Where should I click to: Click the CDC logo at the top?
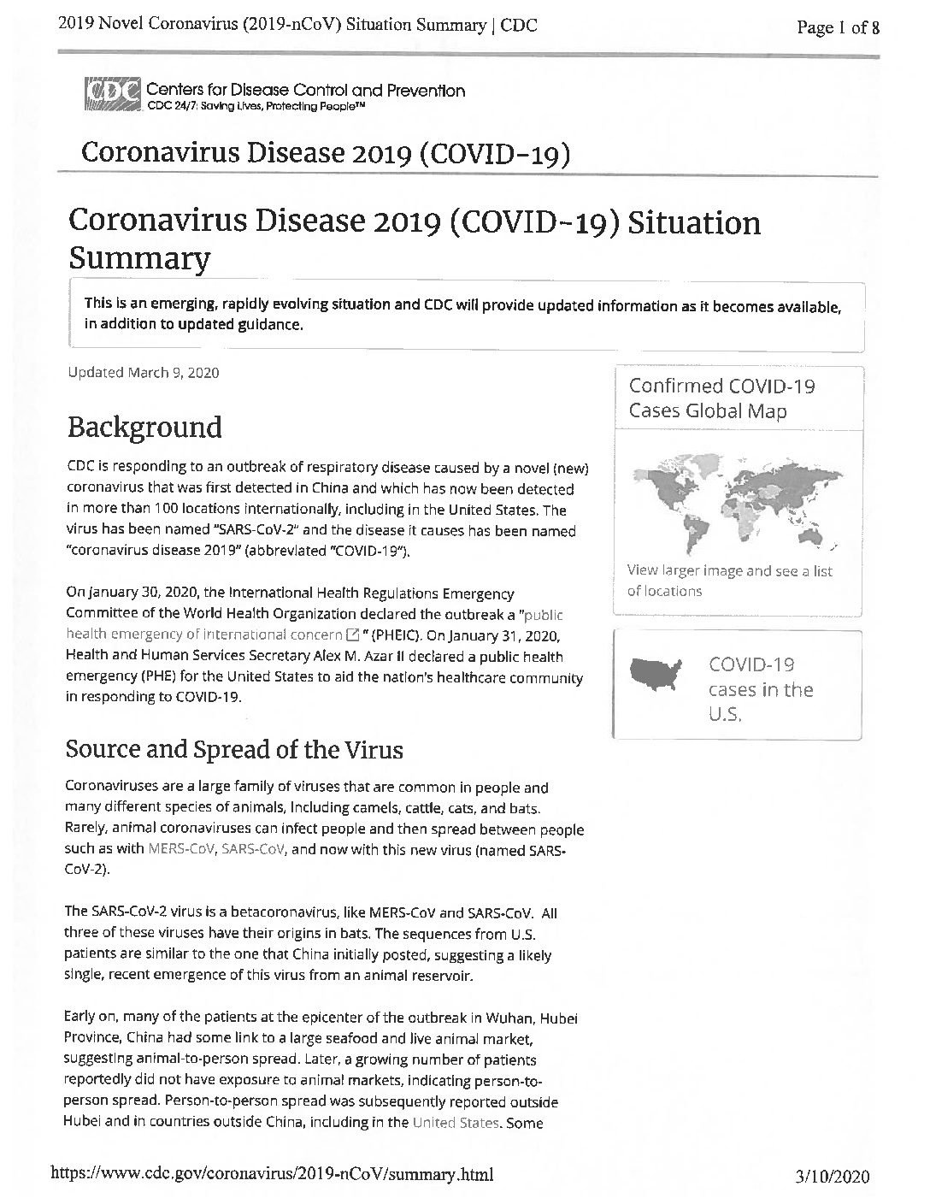pyautogui.click(x=112, y=95)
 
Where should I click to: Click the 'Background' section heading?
pyautogui.click(x=144, y=427)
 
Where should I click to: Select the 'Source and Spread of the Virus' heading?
pyautogui.click(x=234, y=749)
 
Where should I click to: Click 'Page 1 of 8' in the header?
pyautogui.click(x=838, y=27)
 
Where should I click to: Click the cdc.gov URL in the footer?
pyautogui.click(x=273, y=1174)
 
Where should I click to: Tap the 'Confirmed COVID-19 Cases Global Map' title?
pyautogui.click(x=721, y=398)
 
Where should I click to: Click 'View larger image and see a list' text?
pyautogui.click(x=729, y=570)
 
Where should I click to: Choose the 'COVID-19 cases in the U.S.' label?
pyautogui.click(x=761, y=689)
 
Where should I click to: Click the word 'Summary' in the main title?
pyautogui.click(x=138, y=257)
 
